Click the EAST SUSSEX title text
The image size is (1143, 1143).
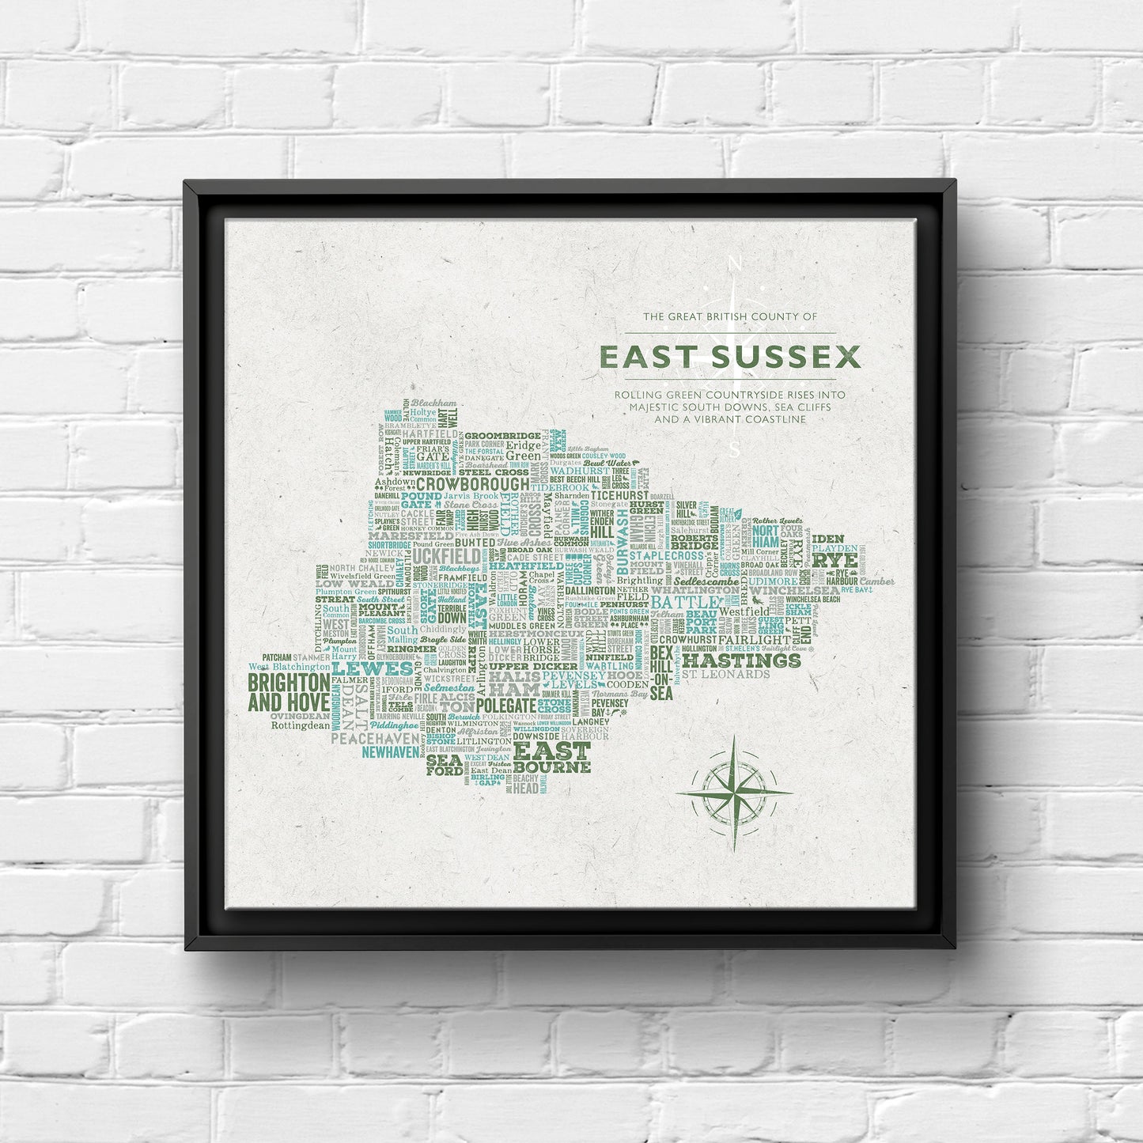729,358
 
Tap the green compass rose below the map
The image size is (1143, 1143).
734,792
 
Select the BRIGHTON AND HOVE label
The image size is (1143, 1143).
289,692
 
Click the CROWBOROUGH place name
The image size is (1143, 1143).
473,484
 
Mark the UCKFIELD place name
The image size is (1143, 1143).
445,557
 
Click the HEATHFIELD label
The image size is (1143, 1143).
525,566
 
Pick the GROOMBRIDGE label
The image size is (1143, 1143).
502,435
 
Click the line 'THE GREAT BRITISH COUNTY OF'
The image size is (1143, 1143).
729,316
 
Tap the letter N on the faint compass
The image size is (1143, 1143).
734,263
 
